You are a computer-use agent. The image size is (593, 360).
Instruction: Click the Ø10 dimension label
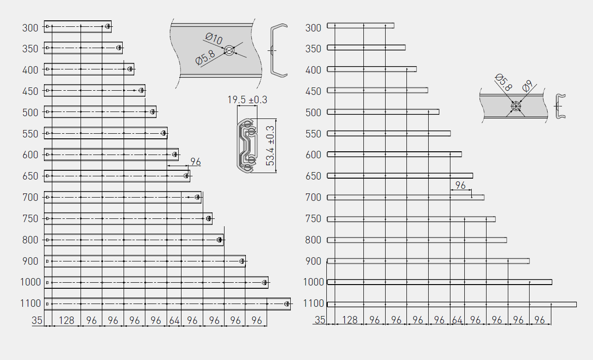click(x=214, y=39)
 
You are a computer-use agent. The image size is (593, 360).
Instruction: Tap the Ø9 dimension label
click(x=527, y=86)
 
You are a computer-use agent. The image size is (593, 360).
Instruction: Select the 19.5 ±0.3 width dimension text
click(x=247, y=100)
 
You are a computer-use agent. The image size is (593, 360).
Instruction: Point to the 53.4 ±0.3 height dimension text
click(x=270, y=146)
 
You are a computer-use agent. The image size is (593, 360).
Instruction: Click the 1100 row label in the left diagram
click(x=31, y=304)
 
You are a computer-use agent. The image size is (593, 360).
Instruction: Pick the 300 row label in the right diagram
click(x=313, y=28)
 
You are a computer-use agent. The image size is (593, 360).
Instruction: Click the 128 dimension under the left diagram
click(x=66, y=321)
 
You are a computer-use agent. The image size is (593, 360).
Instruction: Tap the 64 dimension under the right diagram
click(x=457, y=320)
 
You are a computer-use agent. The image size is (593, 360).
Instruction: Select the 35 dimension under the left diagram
click(x=37, y=321)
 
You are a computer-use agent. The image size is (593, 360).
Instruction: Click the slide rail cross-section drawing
click(x=247, y=146)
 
